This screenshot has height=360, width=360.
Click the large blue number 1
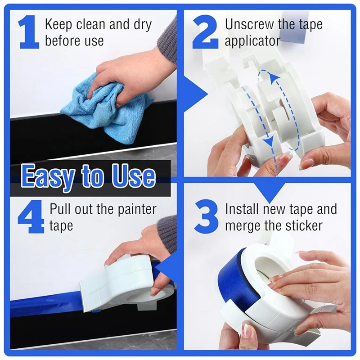(29, 32)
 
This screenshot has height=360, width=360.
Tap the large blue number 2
(206, 32)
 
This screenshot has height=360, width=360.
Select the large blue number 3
(206, 218)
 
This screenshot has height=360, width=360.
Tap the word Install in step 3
(241, 209)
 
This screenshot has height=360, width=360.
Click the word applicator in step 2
(252, 41)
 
